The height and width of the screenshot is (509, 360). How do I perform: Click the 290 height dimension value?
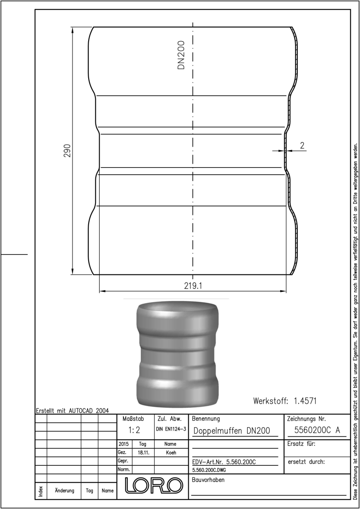coord(67,151)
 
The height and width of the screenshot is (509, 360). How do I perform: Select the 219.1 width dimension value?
coord(193,286)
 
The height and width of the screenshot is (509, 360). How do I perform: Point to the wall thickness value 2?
coord(302,145)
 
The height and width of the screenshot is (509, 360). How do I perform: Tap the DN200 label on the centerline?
coord(181,55)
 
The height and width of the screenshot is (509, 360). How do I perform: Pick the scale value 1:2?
coord(134,430)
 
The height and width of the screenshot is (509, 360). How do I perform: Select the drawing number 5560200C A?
coord(317,430)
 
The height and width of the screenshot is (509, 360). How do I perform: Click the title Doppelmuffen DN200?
coord(232,431)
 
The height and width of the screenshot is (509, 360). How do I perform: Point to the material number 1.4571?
coord(305,400)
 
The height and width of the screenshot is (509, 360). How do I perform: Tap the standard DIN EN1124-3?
coord(171,429)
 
